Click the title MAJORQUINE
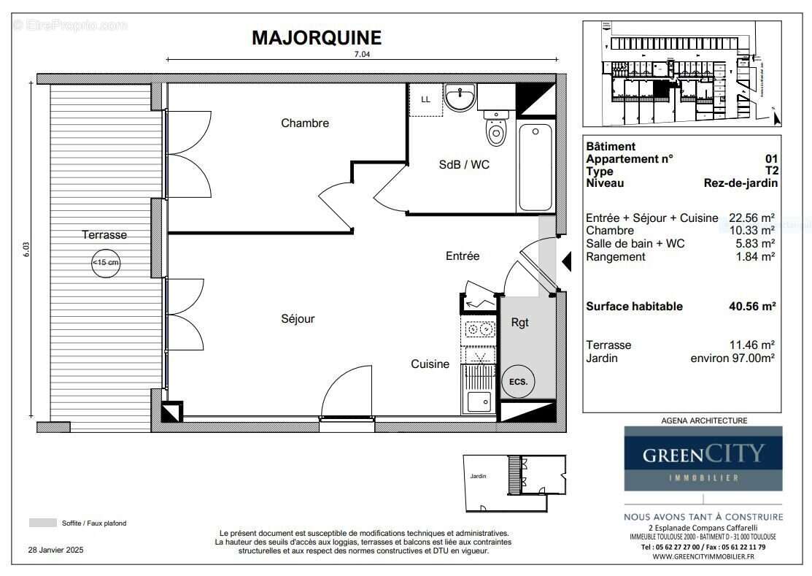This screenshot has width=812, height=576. tap(316, 38)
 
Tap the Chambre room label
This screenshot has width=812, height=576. tap(305, 123)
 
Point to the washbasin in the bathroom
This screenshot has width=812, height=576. tap(460, 99)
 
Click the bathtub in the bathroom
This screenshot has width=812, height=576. tap(535, 167)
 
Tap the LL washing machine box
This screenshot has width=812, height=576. tap(425, 100)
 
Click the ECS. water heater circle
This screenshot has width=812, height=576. tap(519, 381)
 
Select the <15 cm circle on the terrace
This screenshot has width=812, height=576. tap(106, 263)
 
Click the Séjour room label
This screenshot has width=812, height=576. tap(298, 319)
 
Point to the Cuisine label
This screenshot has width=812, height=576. tap(430, 364)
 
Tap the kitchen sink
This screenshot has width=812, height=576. tap(479, 402)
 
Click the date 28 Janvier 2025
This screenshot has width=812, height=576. tap(56, 550)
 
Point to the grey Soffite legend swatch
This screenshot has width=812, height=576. tap(42, 523)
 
